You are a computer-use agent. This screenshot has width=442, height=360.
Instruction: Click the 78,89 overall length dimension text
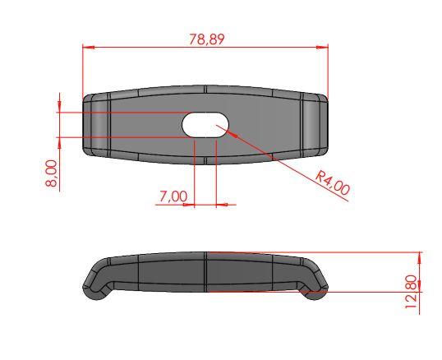pyautogui.click(x=207, y=39)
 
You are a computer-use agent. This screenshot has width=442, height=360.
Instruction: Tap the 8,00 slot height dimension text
pyautogui.click(x=51, y=173)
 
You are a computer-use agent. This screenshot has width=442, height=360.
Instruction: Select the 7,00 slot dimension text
pyautogui.click(x=173, y=196)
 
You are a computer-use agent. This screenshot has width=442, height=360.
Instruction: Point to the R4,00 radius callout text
pyautogui.click(x=333, y=183)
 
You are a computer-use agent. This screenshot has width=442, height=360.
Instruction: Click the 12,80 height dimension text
pyautogui.click(x=411, y=292)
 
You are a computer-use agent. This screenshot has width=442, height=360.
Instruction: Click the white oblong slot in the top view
pyautogui.click(x=205, y=125)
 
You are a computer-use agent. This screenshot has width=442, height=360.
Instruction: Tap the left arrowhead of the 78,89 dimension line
pyautogui.click(x=89, y=48)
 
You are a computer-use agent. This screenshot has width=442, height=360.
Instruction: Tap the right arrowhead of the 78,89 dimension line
pyautogui.click(x=322, y=48)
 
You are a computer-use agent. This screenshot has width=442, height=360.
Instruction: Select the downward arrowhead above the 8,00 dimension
pyautogui.click(x=59, y=107)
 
